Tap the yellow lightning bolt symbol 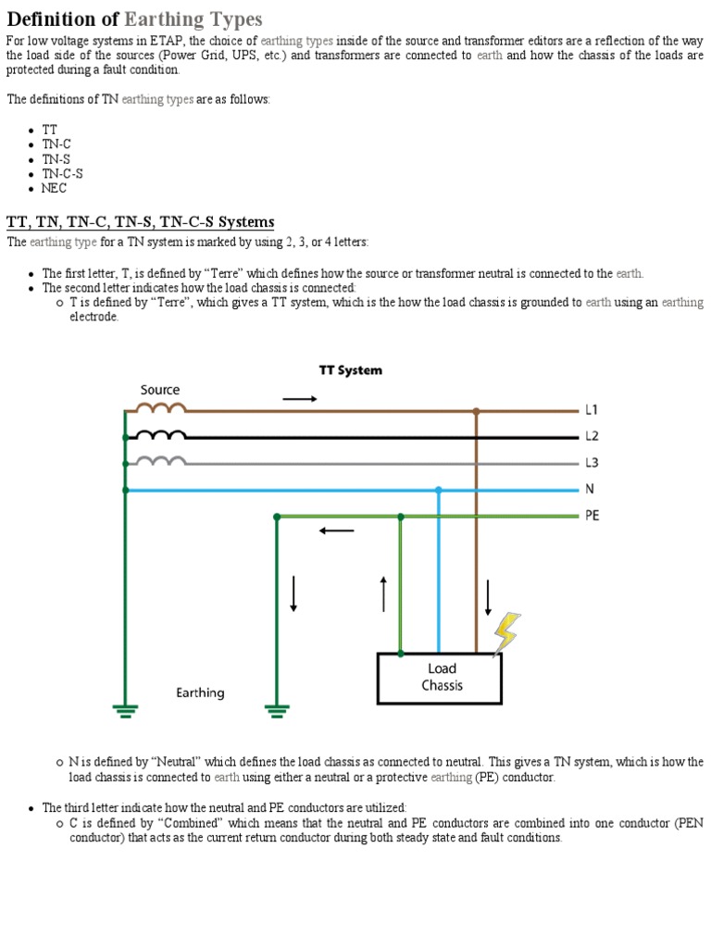505,633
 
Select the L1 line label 592,409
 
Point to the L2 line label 592,436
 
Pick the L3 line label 592,462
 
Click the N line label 589,489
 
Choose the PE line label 592,516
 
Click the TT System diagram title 350,369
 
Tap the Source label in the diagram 160,390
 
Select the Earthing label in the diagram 200,692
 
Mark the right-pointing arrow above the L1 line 299,398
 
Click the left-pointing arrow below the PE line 336,531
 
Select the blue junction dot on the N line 439,490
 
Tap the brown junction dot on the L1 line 476,410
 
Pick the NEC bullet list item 55,188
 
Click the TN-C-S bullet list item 62,173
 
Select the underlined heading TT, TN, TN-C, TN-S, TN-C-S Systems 141,222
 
